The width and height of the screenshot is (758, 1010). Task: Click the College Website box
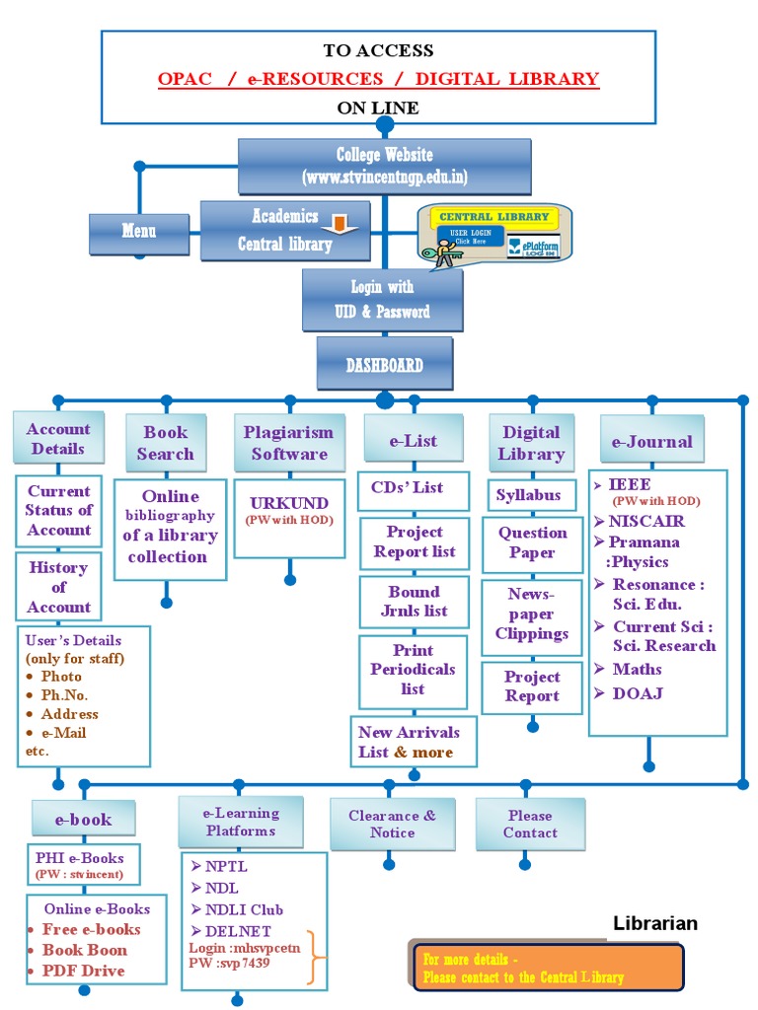coord(384,166)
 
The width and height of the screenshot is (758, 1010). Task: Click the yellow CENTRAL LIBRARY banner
coord(493,217)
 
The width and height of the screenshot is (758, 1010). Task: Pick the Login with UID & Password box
coord(382,300)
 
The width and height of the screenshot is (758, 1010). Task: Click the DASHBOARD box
coord(384,364)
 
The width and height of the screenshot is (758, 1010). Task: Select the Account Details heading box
coord(58,438)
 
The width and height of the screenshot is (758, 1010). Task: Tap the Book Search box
coord(165,443)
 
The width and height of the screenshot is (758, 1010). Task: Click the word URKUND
coord(289,503)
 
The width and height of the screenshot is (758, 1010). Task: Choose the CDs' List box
coord(407,488)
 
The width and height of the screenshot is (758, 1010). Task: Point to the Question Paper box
coord(532,543)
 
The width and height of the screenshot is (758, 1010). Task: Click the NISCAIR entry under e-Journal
coord(646,521)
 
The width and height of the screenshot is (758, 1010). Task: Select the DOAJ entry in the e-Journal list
coord(637,693)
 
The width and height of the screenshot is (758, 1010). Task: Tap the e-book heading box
coord(83,820)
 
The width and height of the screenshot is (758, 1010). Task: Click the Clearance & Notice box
coord(392,824)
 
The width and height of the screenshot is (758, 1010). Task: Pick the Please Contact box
coord(530,824)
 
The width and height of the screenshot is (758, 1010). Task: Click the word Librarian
coord(655,924)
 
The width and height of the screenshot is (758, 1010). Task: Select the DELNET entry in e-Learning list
coord(237,930)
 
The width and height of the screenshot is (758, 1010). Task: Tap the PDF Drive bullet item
coord(83,971)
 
